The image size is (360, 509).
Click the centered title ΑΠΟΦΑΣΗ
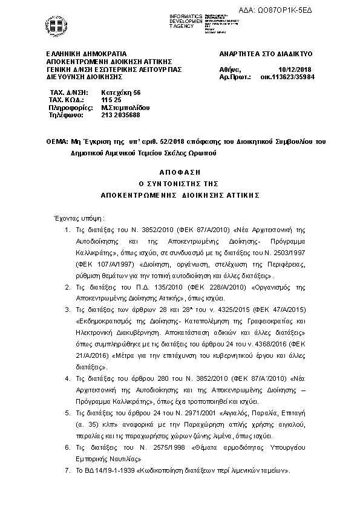180,172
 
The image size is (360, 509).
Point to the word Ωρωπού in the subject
203,154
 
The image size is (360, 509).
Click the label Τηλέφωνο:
65,115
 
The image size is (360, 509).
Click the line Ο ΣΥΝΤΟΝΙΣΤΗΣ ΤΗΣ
180,183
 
